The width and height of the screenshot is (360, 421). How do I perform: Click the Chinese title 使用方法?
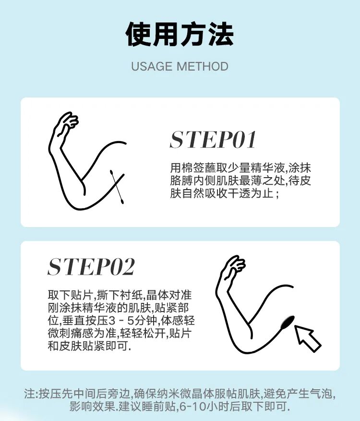point(180,34)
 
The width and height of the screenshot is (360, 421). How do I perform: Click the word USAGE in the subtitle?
point(152,66)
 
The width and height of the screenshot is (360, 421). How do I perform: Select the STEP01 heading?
point(213,140)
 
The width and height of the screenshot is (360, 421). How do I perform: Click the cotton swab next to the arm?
point(117,187)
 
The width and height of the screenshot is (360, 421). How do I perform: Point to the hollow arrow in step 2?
point(307,338)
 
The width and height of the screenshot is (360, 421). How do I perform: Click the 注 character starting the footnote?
point(29,394)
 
